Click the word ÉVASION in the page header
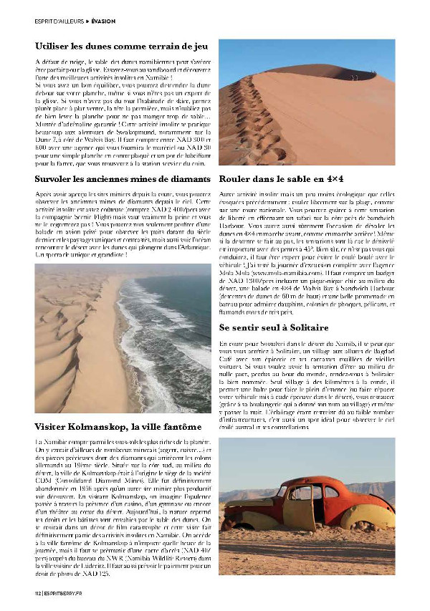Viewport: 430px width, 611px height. point(102,21)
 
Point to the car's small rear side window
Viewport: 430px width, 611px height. point(331,492)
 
